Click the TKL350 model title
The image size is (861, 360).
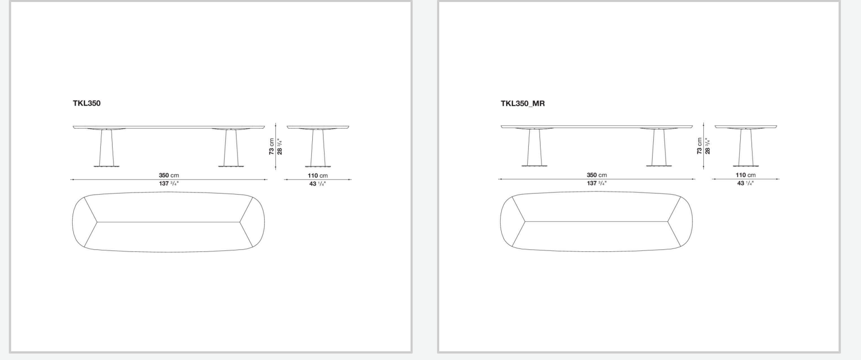coord(87,103)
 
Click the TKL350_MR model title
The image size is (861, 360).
coord(523,103)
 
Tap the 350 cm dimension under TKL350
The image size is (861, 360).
coord(168,176)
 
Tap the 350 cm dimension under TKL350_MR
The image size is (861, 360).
coord(596,176)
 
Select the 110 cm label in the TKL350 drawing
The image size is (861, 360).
coord(317,176)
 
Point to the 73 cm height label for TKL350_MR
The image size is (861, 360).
coord(700,146)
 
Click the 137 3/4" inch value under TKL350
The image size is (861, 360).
coord(168,183)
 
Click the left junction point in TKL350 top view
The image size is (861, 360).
coord(97,222)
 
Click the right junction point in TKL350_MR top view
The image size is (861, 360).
coord(668,222)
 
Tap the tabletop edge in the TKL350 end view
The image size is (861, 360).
coord(318,126)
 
